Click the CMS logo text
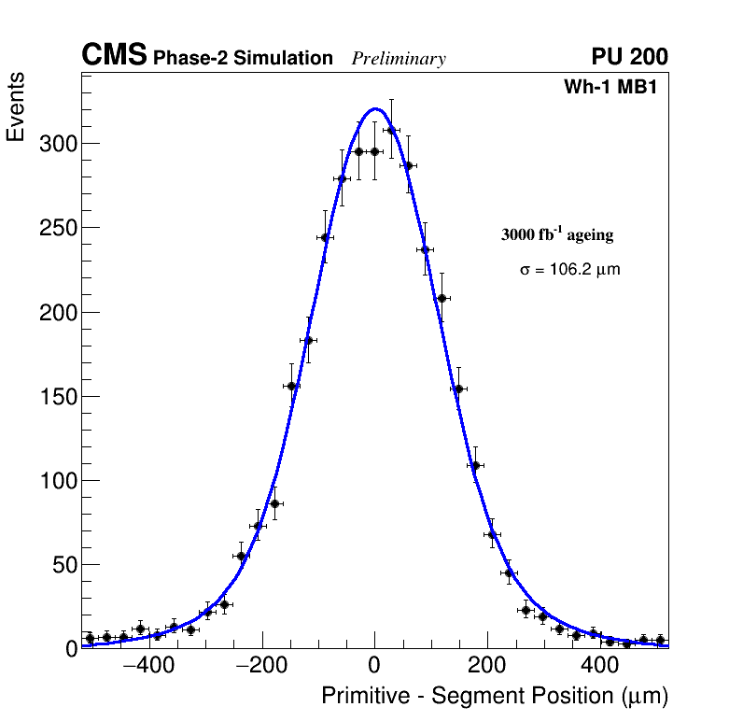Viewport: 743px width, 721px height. (x=114, y=56)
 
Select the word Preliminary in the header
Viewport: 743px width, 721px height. (x=399, y=59)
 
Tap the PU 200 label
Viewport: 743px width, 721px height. (x=629, y=57)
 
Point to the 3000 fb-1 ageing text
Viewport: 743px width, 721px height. (x=557, y=234)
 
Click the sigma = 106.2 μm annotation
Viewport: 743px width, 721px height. (x=569, y=270)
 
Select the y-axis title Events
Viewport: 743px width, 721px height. (x=16, y=107)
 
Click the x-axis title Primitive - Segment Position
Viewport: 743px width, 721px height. (x=495, y=696)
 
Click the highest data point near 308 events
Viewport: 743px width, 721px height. (x=391, y=130)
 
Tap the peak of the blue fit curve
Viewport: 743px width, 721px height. (x=374, y=108)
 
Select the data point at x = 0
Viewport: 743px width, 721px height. (x=374, y=151)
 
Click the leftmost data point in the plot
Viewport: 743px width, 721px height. (x=90, y=638)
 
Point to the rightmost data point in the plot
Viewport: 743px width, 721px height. (x=660, y=640)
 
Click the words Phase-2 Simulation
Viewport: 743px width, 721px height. (x=243, y=59)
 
